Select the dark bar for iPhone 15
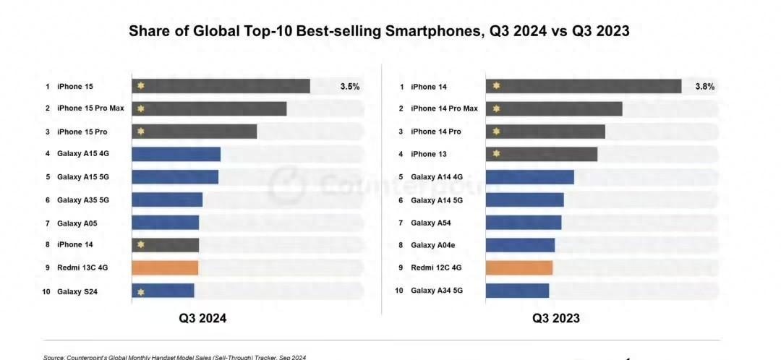pos(221,86)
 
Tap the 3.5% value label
pos(350,86)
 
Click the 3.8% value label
pos(704,87)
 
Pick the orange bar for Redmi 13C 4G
pos(165,267)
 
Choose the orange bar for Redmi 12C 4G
pos(519,267)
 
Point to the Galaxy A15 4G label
pos(83,154)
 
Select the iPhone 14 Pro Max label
pos(444,109)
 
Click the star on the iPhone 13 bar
pos(496,154)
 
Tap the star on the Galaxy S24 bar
pos(141,291)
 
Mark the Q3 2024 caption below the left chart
pos(202,318)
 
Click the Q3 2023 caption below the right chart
pos(556,318)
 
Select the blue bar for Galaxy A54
pos(524,223)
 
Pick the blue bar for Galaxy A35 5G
pos(167,200)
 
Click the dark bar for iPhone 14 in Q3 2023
pos(584,87)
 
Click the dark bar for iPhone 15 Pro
pos(194,132)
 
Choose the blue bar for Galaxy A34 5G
pos(517,291)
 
